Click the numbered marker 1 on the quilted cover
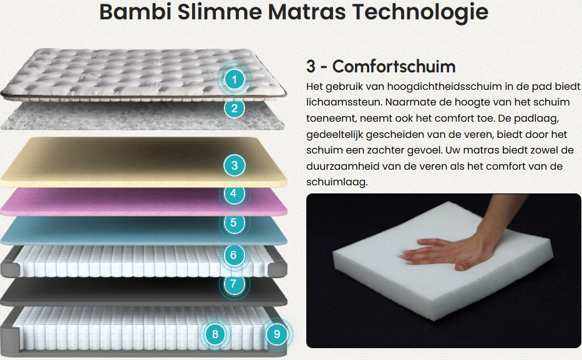[234, 79]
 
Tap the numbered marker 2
[234, 109]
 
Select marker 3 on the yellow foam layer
[234, 165]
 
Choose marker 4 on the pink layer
[233, 194]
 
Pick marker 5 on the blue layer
[233, 223]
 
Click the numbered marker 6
[233, 255]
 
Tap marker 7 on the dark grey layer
[233, 284]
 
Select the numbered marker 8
[215, 334]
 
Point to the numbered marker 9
[277, 334]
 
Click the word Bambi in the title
[135, 11]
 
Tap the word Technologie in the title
[420, 12]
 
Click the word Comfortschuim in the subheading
[394, 66]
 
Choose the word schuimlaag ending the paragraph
[337, 182]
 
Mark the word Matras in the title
[307, 11]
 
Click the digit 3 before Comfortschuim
[311, 67]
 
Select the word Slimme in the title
[220, 11]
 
